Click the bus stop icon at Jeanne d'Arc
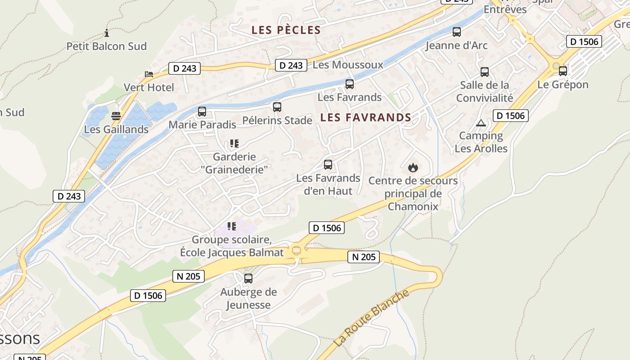pos(457,32)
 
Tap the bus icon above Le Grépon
pos(563,71)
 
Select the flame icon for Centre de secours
pos(413,168)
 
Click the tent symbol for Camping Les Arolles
pos(481,123)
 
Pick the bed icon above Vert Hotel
pos(149,74)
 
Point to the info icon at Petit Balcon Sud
pos(107,33)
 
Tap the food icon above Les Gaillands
pos(116,116)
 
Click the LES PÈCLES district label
pos(286,30)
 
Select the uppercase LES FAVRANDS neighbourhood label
pos(365,118)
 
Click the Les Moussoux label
pos(348,65)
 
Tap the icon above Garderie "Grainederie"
pos(234,144)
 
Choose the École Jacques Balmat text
pos(232,252)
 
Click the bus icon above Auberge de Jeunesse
pos(248,279)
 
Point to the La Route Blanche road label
pos(372,318)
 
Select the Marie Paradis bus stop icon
pos(202,112)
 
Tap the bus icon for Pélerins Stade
pos(277,107)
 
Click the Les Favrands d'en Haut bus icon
pos(328,165)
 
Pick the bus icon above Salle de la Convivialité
pos(485,72)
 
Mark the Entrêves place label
pos(505,9)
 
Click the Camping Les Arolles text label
pos(481,142)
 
